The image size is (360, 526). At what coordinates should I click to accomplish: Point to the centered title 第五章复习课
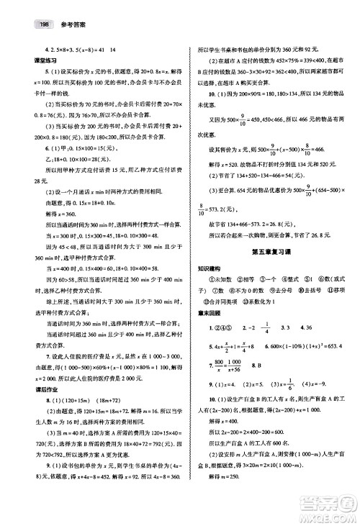click(x=269, y=250)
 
